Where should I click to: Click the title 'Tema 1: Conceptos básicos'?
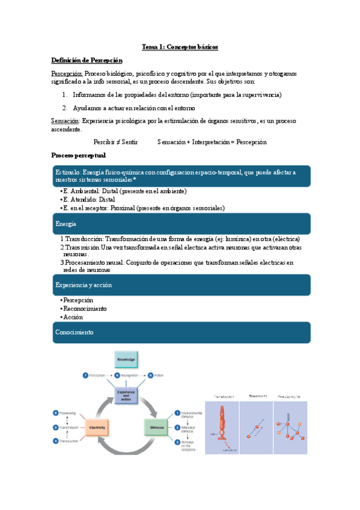tap(180, 46)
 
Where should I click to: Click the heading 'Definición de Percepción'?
tap(87, 60)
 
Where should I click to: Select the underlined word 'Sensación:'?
tap(65, 121)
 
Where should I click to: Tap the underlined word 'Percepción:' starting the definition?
tap(67, 73)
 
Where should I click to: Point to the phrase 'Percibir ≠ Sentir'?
tap(116, 142)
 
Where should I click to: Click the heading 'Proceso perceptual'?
tap(79, 156)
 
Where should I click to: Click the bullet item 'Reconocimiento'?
tap(85, 309)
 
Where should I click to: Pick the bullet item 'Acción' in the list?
tap(73, 317)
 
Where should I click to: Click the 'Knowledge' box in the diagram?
tap(126, 359)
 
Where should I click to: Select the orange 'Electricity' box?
tap(97, 428)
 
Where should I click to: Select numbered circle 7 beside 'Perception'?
tap(85, 375)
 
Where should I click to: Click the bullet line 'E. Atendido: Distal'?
tap(90, 199)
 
